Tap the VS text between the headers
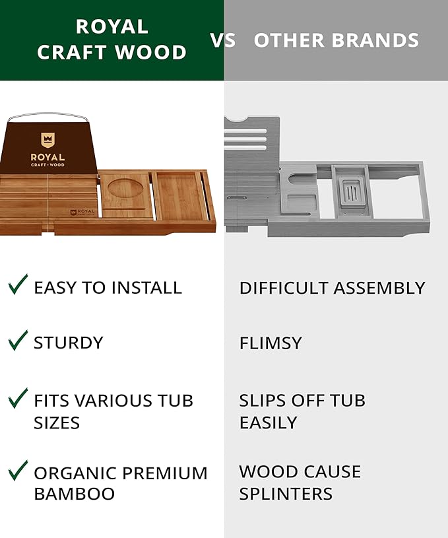(223, 40)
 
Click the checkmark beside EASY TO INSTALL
(18, 285)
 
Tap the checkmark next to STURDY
(18, 340)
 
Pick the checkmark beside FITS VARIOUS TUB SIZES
(18, 398)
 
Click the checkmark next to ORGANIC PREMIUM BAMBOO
(18, 471)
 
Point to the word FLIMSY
(271, 343)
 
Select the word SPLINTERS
(286, 494)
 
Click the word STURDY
(69, 343)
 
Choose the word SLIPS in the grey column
(262, 400)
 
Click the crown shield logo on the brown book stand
(48, 139)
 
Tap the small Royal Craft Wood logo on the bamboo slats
(82, 212)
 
